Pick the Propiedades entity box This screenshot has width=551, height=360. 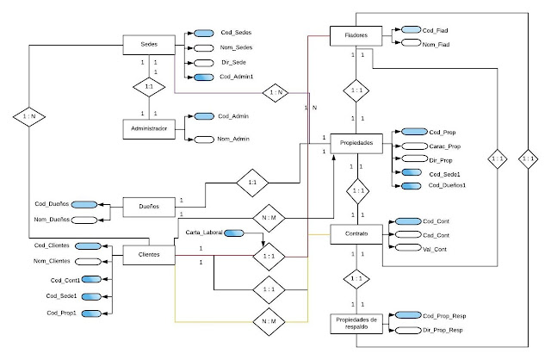click(356, 142)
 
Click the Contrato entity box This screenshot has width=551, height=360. click(356, 233)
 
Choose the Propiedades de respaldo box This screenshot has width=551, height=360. click(356, 324)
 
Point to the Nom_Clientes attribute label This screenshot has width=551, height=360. click(53, 262)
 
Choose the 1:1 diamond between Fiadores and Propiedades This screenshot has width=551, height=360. click(356, 90)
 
